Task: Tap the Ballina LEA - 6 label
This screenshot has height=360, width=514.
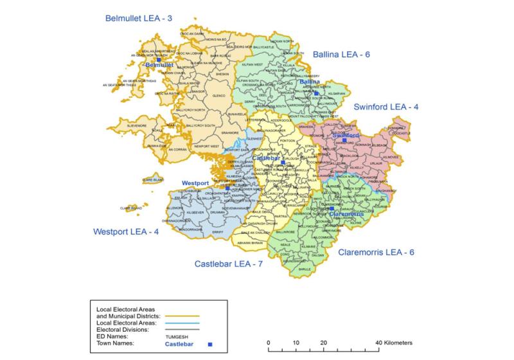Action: (x=341, y=55)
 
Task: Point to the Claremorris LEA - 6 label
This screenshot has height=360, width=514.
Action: (x=377, y=253)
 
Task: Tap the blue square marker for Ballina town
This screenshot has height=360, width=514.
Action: (x=317, y=94)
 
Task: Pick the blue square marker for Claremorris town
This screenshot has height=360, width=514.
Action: (x=331, y=208)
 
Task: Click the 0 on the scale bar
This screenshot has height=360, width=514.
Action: (x=269, y=342)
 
